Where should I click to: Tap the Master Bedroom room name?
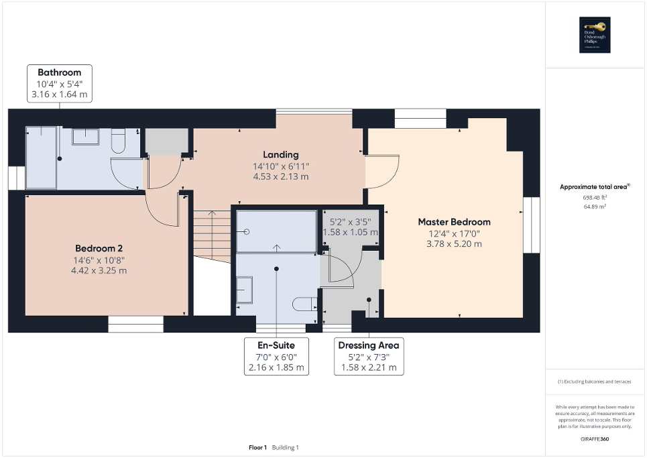pyautogui.click(x=454, y=222)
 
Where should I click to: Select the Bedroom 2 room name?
pyautogui.click(x=100, y=247)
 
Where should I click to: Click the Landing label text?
pyautogui.click(x=281, y=155)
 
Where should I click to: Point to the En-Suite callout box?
pyautogui.click(x=276, y=356)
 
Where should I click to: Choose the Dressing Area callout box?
pyautogui.click(x=369, y=356)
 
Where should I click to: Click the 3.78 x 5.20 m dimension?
pyautogui.click(x=454, y=244)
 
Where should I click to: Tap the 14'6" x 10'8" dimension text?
pyautogui.click(x=100, y=260)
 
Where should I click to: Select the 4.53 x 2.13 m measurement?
pyautogui.click(x=281, y=177)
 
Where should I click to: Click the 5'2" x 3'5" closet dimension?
pyautogui.click(x=350, y=221)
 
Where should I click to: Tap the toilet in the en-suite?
pyautogui.click(x=304, y=304)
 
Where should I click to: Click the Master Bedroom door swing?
pyautogui.click(x=381, y=172)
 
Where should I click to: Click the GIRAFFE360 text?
pyautogui.click(x=595, y=438)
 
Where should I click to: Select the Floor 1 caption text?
pyautogui.click(x=257, y=447)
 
